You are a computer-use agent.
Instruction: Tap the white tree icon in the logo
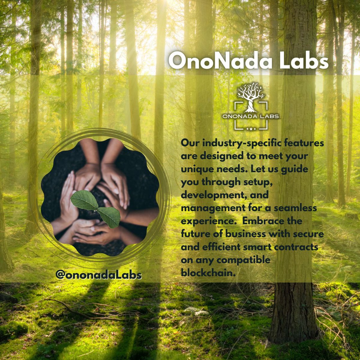point(249,95)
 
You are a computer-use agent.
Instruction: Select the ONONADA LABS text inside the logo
point(251,116)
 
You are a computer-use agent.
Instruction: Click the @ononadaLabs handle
point(98,274)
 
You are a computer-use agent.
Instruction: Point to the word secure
point(306,234)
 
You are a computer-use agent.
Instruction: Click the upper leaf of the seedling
point(84,201)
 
